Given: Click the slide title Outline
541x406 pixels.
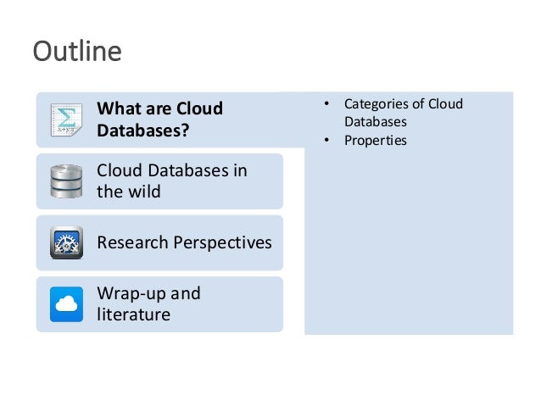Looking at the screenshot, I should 76,52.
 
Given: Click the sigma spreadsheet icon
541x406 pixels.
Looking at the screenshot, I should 66,120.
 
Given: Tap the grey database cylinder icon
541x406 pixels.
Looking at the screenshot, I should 66,181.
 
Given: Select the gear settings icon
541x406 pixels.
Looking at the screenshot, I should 66,242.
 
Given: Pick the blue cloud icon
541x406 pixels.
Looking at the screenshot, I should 66,303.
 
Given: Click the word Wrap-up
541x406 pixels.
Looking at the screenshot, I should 126,293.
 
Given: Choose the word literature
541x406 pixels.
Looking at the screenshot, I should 133,314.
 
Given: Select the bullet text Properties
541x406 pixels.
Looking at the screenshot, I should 375,140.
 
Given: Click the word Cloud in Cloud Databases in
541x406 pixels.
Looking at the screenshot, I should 120,170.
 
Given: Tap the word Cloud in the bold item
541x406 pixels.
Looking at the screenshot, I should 199,109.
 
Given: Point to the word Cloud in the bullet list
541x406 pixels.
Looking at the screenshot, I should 445,104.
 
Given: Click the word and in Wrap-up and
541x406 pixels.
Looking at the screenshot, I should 185,293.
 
